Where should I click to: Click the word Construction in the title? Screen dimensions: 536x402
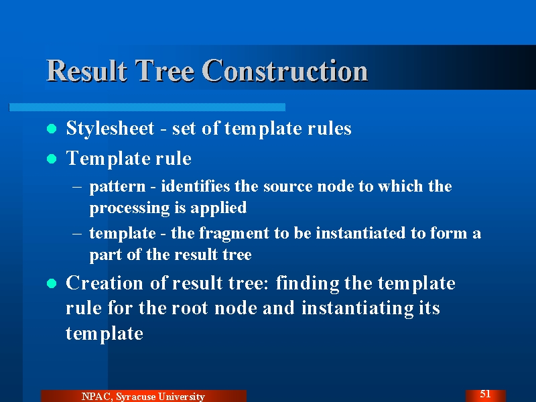click(x=285, y=70)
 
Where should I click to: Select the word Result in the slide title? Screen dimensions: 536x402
click(x=86, y=70)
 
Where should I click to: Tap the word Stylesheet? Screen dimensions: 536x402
click(x=110, y=129)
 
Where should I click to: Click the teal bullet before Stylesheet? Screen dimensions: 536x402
click(x=52, y=129)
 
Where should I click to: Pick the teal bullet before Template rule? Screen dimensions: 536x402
click(x=52, y=159)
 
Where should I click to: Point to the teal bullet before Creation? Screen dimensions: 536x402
click(x=52, y=283)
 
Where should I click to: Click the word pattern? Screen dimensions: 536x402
click(x=118, y=187)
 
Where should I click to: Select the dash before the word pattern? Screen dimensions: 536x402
click(x=77, y=187)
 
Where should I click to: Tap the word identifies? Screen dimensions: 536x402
click(x=196, y=186)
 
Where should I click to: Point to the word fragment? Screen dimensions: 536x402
click(x=234, y=234)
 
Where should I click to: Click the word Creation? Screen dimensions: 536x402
click(x=105, y=283)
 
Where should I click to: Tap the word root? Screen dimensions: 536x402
click(x=190, y=308)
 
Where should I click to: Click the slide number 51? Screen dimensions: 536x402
click(x=485, y=394)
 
